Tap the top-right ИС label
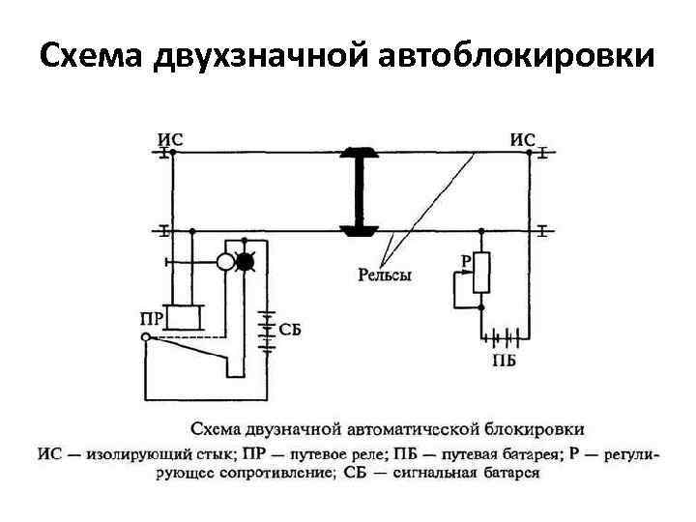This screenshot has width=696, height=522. point(523,139)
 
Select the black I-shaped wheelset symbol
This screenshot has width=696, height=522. point(358,192)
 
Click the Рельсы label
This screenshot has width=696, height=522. point(385,275)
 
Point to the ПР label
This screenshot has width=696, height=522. point(150,316)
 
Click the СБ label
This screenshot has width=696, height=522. point(290,329)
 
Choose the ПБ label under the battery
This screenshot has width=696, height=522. point(504,362)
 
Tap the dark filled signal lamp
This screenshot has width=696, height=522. point(246,261)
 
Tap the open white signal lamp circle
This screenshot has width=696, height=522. point(224,261)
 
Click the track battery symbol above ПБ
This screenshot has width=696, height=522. point(505,340)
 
